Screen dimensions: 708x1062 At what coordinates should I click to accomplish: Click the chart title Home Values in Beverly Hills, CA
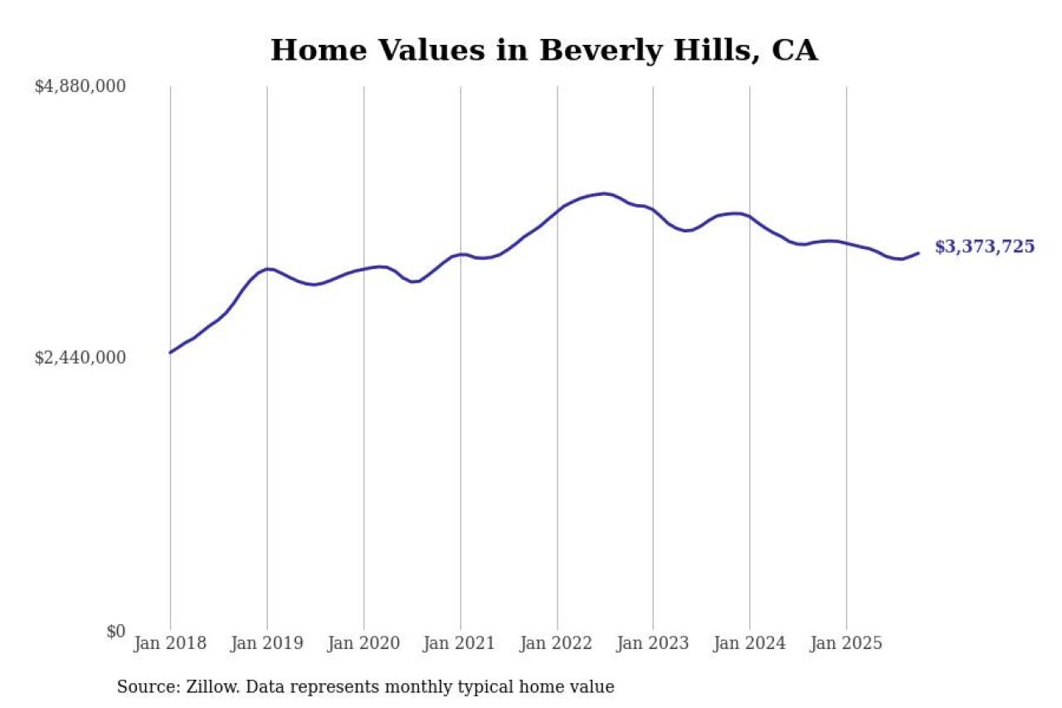coord(543,50)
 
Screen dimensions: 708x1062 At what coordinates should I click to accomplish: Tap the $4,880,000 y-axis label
coord(80,86)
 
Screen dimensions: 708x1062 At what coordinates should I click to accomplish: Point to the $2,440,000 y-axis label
coord(80,358)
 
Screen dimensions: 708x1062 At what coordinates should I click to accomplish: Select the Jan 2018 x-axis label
coord(170,644)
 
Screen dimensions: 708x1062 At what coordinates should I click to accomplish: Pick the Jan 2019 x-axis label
coord(266,644)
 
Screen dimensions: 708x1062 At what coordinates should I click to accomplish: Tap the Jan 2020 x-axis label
coord(363,644)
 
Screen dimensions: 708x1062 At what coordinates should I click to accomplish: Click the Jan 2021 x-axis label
coord(460,644)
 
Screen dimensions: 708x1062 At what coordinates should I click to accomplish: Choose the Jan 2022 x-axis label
coord(557,644)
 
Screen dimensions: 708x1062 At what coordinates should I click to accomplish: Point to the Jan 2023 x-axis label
coord(653,644)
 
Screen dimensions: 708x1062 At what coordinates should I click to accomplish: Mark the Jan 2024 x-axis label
coord(749,644)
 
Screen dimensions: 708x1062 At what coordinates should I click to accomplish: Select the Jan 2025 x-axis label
coord(846,644)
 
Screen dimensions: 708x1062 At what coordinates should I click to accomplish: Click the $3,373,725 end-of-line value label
coord(985,247)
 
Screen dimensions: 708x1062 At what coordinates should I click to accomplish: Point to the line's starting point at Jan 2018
coord(170,353)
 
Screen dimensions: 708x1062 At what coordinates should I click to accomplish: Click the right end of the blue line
coord(918,253)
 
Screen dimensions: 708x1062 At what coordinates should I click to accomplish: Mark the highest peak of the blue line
coord(605,193)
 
